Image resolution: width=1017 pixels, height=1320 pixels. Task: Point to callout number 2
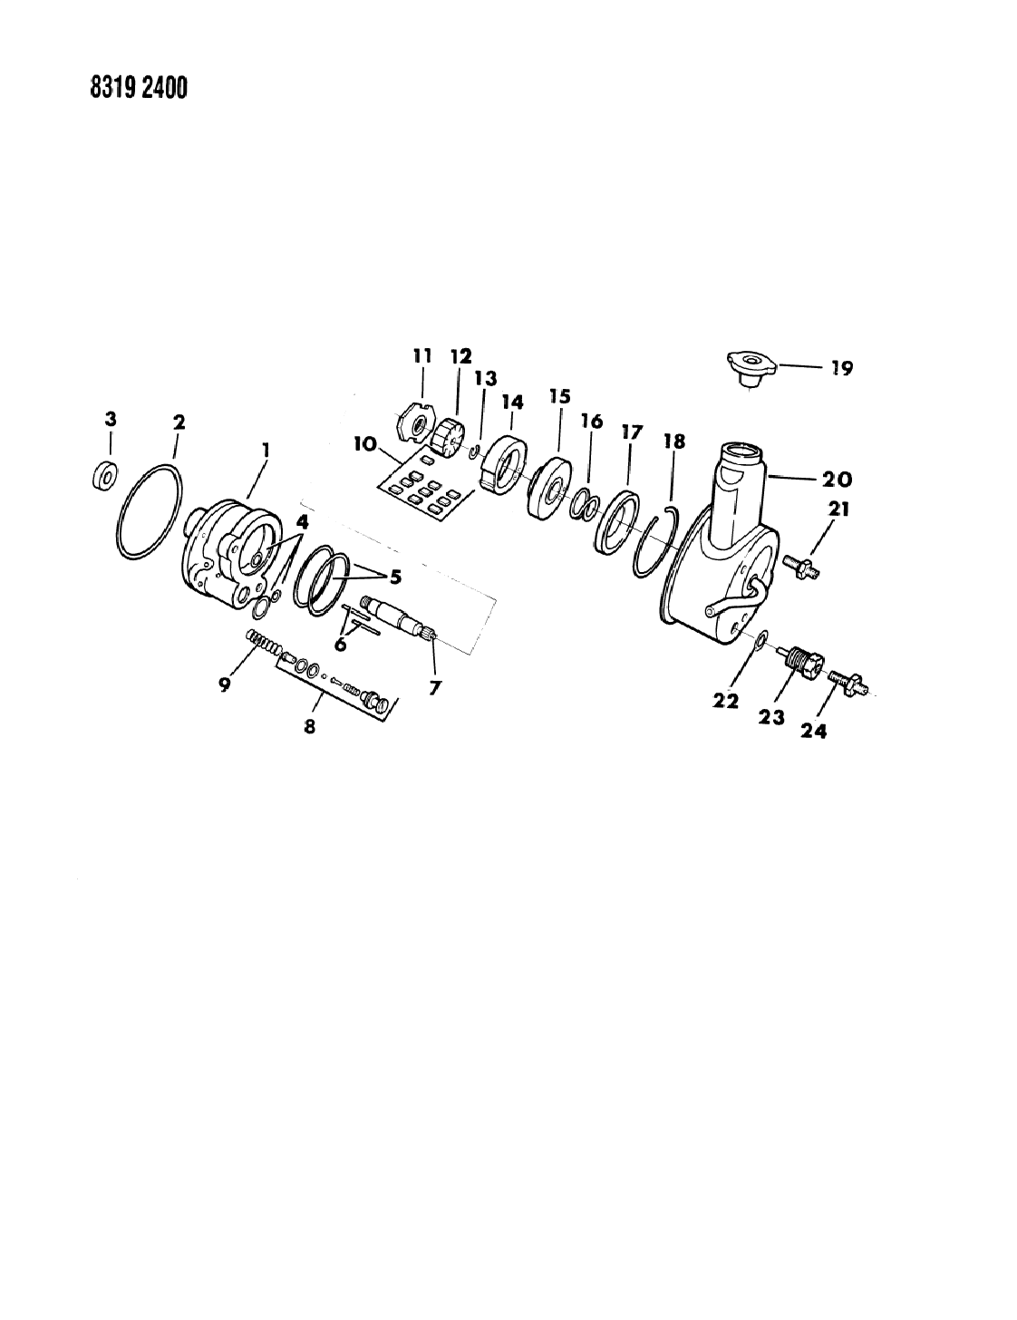[179, 422]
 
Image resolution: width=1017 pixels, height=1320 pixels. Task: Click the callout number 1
[265, 449]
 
